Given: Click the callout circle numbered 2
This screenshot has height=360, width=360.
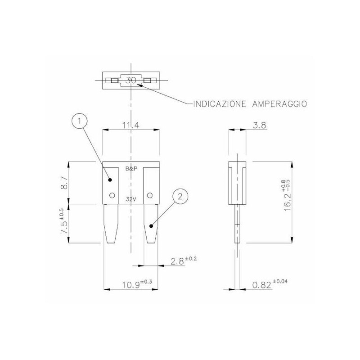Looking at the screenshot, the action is [180, 197].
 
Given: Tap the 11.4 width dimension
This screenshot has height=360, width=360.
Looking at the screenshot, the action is [131, 126].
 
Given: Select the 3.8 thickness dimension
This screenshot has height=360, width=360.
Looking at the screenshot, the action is [260, 126].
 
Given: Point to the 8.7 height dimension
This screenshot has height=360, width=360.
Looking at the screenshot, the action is [64, 183].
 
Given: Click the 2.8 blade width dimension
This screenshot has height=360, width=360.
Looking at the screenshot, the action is [184, 261].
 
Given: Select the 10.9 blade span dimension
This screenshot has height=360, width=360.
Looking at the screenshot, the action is [137, 284].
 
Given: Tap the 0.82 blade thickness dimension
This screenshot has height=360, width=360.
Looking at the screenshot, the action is [270, 284].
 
